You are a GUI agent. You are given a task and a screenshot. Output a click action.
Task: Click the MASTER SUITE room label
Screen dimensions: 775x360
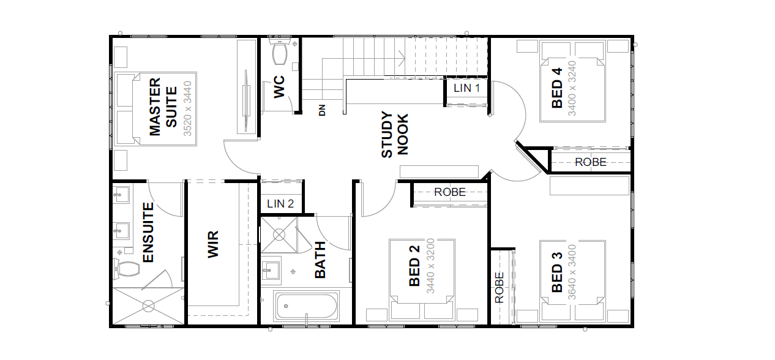pyautogui.click(x=163, y=107)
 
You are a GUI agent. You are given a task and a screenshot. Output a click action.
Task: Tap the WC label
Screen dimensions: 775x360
pyautogui.click(x=279, y=87)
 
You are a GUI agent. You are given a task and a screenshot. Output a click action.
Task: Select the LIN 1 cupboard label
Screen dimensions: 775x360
pyautogui.click(x=466, y=88)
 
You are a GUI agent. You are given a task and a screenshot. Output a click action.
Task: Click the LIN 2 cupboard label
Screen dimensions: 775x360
pyautogui.click(x=280, y=203)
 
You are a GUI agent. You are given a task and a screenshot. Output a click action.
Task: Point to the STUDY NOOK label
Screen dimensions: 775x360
pyautogui.click(x=395, y=135)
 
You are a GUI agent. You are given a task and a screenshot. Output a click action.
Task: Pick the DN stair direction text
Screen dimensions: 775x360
pyautogui.click(x=322, y=110)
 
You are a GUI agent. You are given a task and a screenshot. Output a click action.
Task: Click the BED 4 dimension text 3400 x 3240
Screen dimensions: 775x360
pyautogui.click(x=572, y=89)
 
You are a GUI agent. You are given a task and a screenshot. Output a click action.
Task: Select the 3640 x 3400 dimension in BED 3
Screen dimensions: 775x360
pyautogui.click(x=572, y=272)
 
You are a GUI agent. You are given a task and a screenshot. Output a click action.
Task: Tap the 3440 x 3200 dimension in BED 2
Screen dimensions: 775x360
pyautogui.click(x=430, y=266)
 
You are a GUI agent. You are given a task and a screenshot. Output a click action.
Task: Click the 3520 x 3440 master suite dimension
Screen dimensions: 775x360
pyautogui.click(x=187, y=108)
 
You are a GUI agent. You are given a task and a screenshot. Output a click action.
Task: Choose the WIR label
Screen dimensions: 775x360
pyautogui.click(x=213, y=244)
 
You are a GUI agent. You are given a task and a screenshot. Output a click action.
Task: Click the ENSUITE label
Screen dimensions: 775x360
pyautogui.click(x=148, y=233)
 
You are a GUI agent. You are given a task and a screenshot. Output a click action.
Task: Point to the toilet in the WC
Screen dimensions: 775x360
pyautogui.click(x=280, y=52)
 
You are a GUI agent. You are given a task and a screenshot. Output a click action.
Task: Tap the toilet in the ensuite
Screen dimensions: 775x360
pyautogui.click(x=127, y=269)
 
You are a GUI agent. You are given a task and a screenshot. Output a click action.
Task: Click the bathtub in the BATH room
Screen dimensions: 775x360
pyautogui.click(x=306, y=306)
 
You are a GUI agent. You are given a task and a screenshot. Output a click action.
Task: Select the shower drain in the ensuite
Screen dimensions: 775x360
pyautogui.click(x=148, y=306)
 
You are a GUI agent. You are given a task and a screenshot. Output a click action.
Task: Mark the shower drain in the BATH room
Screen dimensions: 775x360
pyautogui.click(x=279, y=235)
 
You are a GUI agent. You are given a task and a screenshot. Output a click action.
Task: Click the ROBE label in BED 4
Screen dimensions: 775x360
pyautogui.click(x=591, y=162)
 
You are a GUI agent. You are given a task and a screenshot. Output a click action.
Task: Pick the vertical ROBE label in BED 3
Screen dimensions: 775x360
pyautogui.click(x=500, y=288)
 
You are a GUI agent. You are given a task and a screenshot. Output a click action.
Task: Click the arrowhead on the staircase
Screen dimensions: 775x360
pyautogui.click(x=402, y=58)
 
